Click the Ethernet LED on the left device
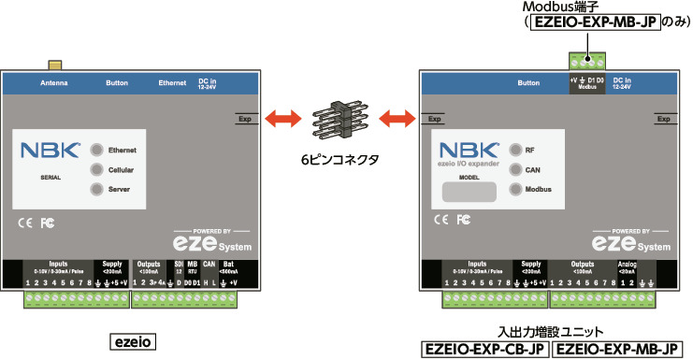click(x=96, y=151)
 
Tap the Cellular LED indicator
click(x=96, y=169)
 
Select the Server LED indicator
click(x=96, y=189)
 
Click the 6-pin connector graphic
click(x=339, y=118)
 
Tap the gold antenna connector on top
click(x=56, y=66)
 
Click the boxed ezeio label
click(x=133, y=340)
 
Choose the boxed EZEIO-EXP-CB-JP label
click(x=484, y=350)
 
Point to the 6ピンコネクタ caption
click(x=339, y=160)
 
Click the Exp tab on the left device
click(x=246, y=119)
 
